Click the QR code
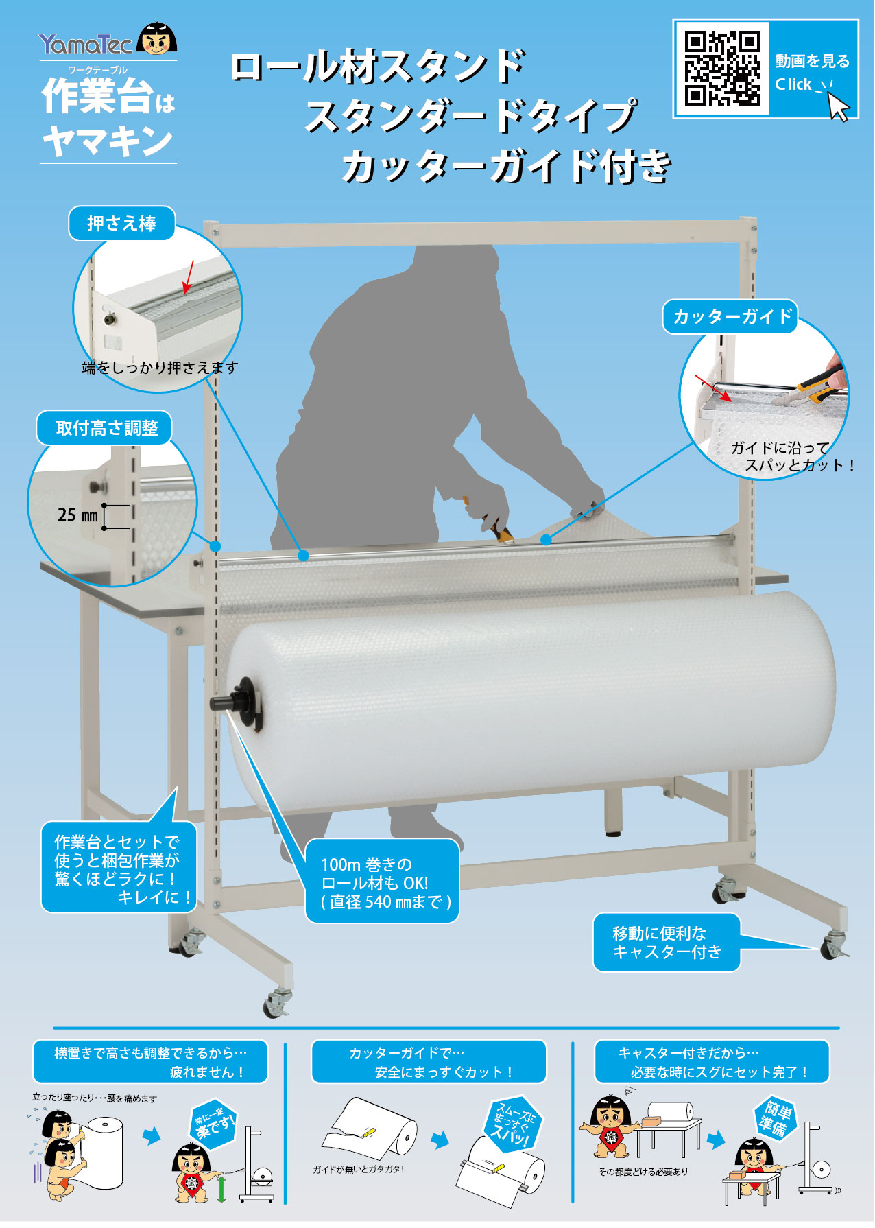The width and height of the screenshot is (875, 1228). pyautogui.click(x=722, y=69)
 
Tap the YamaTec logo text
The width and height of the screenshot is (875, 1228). pyautogui.click(x=85, y=45)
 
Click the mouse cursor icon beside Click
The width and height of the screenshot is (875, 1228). pyautogui.click(x=839, y=107)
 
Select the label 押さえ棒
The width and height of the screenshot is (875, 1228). pyautogui.click(x=121, y=224)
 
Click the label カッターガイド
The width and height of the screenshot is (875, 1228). pyautogui.click(x=732, y=317)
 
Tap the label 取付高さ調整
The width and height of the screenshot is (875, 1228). pyautogui.click(x=106, y=428)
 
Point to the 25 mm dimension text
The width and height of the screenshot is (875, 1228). pyautogui.click(x=77, y=515)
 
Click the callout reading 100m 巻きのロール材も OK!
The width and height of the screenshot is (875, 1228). pyautogui.click(x=382, y=882)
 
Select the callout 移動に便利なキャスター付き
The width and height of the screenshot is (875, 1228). pyautogui.click(x=667, y=942)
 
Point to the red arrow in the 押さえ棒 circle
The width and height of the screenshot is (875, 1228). pyautogui.click(x=189, y=276)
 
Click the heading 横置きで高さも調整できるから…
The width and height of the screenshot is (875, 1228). pyautogui.click(x=150, y=1062)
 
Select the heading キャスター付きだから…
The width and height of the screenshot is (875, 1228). pyautogui.click(x=712, y=1062)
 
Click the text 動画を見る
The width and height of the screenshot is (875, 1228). pyautogui.click(x=812, y=62)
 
